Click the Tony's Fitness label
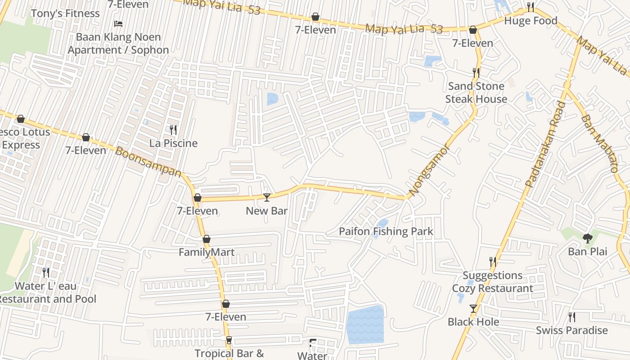coord(65,13)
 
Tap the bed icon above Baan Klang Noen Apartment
coord(118,24)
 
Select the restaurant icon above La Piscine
coord(173,130)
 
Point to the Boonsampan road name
coord(149,162)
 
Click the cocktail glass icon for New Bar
coord(267,197)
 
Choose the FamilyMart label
coord(207,252)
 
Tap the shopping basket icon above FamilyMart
coord(207,239)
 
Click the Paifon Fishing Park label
coord(386,232)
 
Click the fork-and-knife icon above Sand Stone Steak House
coord(476,72)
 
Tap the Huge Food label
coord(531,21)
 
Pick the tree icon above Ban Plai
coord(587,238)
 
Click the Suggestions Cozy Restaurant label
coord(493,282)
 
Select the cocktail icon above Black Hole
coord(473,309)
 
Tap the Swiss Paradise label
coord(571,330)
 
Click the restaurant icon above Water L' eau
coord(46,272)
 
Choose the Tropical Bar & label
coord(229,353)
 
